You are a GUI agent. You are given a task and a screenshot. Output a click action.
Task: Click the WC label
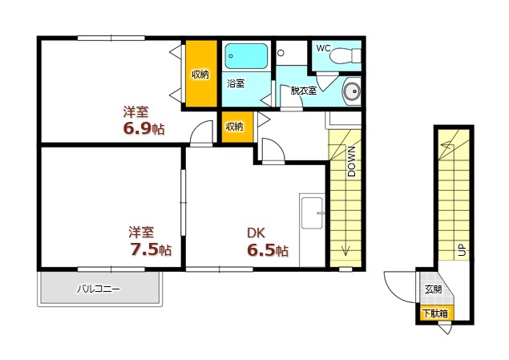323,48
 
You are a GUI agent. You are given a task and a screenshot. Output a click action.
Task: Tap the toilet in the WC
345,56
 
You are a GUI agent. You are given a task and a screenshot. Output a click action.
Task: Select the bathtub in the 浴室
246,56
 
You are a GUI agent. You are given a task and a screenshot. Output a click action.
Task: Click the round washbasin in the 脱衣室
352,91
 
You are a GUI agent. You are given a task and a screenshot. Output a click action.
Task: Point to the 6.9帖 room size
143,129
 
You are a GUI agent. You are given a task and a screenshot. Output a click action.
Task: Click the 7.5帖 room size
151,249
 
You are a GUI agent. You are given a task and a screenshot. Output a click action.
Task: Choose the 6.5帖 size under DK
268,250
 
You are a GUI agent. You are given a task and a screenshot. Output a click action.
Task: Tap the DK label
256,233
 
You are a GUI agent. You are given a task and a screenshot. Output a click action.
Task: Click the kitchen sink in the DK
312,213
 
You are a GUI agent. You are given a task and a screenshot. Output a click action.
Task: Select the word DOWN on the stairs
352,161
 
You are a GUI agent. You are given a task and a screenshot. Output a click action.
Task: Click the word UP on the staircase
462,249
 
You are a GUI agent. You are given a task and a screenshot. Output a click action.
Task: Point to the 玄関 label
433,289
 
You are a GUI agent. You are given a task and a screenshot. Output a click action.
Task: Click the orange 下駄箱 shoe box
434,313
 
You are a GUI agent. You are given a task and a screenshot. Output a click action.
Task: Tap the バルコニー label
99,289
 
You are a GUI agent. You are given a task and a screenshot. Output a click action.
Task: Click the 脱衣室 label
304,91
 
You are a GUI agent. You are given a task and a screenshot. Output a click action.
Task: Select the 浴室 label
236,83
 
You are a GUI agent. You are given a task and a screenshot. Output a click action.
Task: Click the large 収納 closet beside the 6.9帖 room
201,74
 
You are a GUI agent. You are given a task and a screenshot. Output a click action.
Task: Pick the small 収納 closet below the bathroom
237,127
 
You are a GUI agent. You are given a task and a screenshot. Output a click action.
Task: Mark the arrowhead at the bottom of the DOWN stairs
345,251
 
